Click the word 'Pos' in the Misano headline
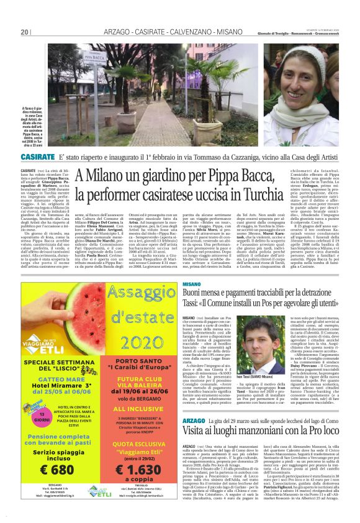tap(276, 304)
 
